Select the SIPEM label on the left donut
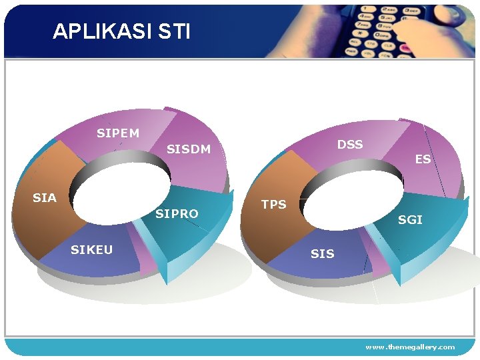coord(118,133)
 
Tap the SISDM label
coord(189,149)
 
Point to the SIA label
coord(45,198)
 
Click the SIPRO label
coord(177,214)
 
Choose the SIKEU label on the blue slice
coord(91,250)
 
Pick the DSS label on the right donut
coord(350,145)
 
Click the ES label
coord(423,159)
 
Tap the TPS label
coord(273,205)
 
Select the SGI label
coord(410,220)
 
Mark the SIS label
coord(323,254)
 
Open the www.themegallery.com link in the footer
coord(410,347)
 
